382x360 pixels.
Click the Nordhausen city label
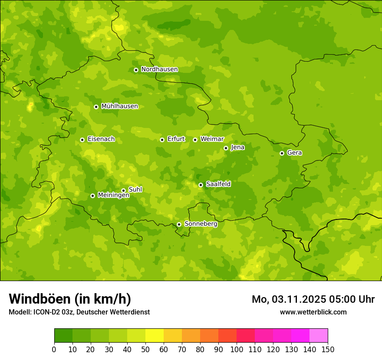pos(159,69)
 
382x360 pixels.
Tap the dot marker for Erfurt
pos(162,140)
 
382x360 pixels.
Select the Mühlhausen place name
pos(119,106)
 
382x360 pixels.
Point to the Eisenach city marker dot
pos(82,140)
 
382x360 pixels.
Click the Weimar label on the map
pos(212,139)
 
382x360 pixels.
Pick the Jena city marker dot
pos(226,148)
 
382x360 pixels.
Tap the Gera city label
pos(294,153)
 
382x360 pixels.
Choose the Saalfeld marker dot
pos(201,185)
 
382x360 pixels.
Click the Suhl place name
pos(135,190)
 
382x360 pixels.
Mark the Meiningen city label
pos(113,195)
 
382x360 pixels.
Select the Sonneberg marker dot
pos(179,224)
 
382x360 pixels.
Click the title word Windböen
pos(40,299)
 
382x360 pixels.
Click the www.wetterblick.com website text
pos(313,312)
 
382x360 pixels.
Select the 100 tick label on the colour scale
pos(236,349)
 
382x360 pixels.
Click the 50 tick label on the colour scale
pos(145,349)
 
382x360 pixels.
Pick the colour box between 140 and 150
pos(318,336)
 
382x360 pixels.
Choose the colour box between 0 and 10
pos(63,336)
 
